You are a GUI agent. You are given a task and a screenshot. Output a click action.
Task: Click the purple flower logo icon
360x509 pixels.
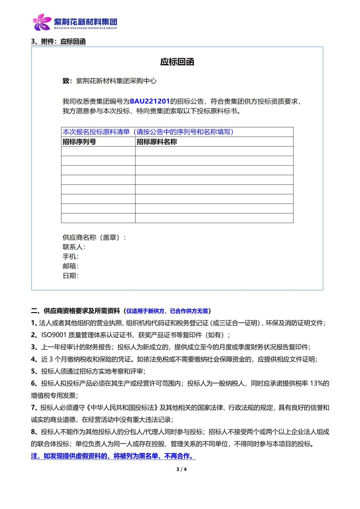tap(42, 22)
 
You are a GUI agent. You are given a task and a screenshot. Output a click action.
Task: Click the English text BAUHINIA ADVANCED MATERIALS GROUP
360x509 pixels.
tap(85, 28)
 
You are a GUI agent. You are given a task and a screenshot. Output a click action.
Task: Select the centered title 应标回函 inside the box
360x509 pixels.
tap(177, 62)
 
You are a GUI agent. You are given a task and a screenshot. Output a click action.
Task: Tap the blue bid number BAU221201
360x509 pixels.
tap(150, 101)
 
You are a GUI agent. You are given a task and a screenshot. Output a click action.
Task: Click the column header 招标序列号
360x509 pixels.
tap(79, 142)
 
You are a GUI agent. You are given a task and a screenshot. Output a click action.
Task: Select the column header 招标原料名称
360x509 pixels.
tap(157, 142)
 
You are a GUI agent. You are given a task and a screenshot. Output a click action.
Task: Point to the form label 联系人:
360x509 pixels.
tap(74, 247)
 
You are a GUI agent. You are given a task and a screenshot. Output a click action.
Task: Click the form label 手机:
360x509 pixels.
tap(71, 257)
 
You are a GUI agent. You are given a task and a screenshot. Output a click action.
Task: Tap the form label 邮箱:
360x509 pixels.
tap(71, 266)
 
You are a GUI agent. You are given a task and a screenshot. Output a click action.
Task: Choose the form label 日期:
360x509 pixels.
tap(71, 276)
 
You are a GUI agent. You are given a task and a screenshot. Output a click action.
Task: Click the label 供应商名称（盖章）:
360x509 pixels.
tap(94, 238)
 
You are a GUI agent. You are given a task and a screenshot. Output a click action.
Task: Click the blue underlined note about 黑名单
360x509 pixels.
tap(113, 456)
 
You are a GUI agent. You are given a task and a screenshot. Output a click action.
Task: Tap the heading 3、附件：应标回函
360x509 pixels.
tap(58, 42)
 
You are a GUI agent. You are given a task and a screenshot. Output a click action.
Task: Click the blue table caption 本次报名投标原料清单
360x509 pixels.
tap(96, 132)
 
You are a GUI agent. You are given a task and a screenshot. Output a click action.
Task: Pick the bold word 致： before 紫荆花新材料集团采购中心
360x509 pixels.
tap(68, 81)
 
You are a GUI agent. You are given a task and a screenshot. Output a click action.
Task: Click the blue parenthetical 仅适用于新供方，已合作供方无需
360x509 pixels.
tap(167, 311)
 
